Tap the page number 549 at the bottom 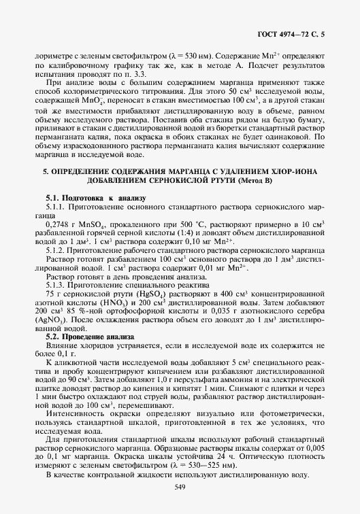click(x=180, y=485)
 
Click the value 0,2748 click(x=56, y=224)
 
